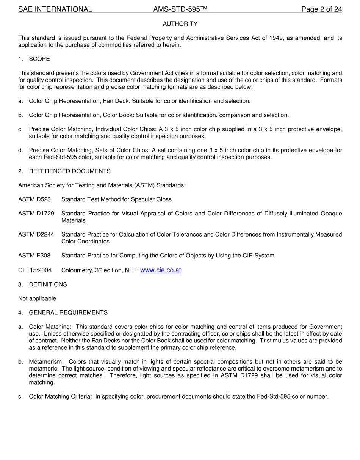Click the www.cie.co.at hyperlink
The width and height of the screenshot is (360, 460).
(160, 270)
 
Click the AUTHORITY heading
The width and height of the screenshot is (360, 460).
(180, 24)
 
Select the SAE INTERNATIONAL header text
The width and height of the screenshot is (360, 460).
(55, 9)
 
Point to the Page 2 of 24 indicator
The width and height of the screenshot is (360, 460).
(321, 9)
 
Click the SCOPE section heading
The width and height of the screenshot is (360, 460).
(39, 59)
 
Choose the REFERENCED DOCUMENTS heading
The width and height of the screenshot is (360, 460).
(70, 171)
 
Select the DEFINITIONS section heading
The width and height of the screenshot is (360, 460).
(48, 284)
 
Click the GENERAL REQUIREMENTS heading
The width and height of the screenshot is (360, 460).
(68, 313)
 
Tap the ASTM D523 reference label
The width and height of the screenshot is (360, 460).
(34, 199)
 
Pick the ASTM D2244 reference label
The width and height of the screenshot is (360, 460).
(36, 235)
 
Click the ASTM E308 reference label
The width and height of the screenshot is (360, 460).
(34, 256)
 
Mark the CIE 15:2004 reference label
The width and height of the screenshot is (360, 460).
(35, 270)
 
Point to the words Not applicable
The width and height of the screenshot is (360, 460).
(37, 299)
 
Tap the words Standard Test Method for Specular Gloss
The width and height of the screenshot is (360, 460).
(116, 199)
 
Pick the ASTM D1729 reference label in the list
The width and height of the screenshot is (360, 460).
(36, 214)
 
